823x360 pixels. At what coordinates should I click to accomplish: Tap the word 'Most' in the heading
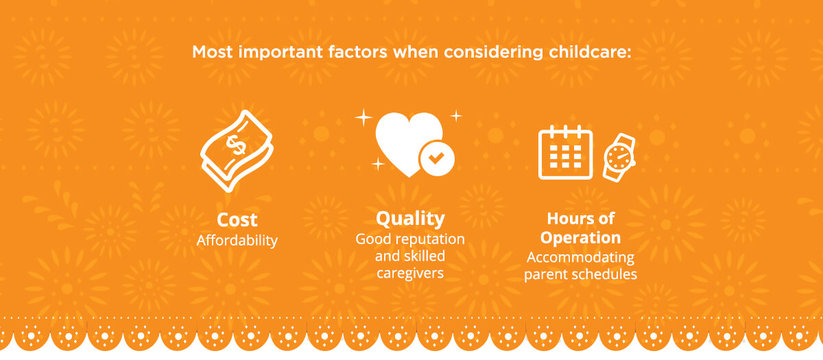213,52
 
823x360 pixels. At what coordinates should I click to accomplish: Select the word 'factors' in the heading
358,52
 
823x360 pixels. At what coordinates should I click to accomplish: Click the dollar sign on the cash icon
235,145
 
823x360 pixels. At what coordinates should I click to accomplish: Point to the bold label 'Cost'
237,219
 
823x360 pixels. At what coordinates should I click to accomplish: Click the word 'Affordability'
237,241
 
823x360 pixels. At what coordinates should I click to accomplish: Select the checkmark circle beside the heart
436,158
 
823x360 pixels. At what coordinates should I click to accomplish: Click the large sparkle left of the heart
363,117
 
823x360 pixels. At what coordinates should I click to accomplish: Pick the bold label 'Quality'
410,219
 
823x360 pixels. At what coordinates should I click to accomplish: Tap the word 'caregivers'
410,273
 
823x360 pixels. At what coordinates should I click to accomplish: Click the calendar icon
565,152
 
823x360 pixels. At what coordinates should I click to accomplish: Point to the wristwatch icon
619,157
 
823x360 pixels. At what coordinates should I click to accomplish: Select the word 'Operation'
580,238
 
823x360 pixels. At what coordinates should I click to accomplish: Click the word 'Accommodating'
580,257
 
